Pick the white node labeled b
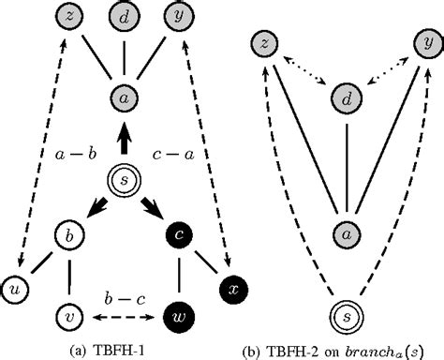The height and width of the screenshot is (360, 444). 68,231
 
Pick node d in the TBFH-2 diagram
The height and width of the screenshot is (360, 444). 347,97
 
